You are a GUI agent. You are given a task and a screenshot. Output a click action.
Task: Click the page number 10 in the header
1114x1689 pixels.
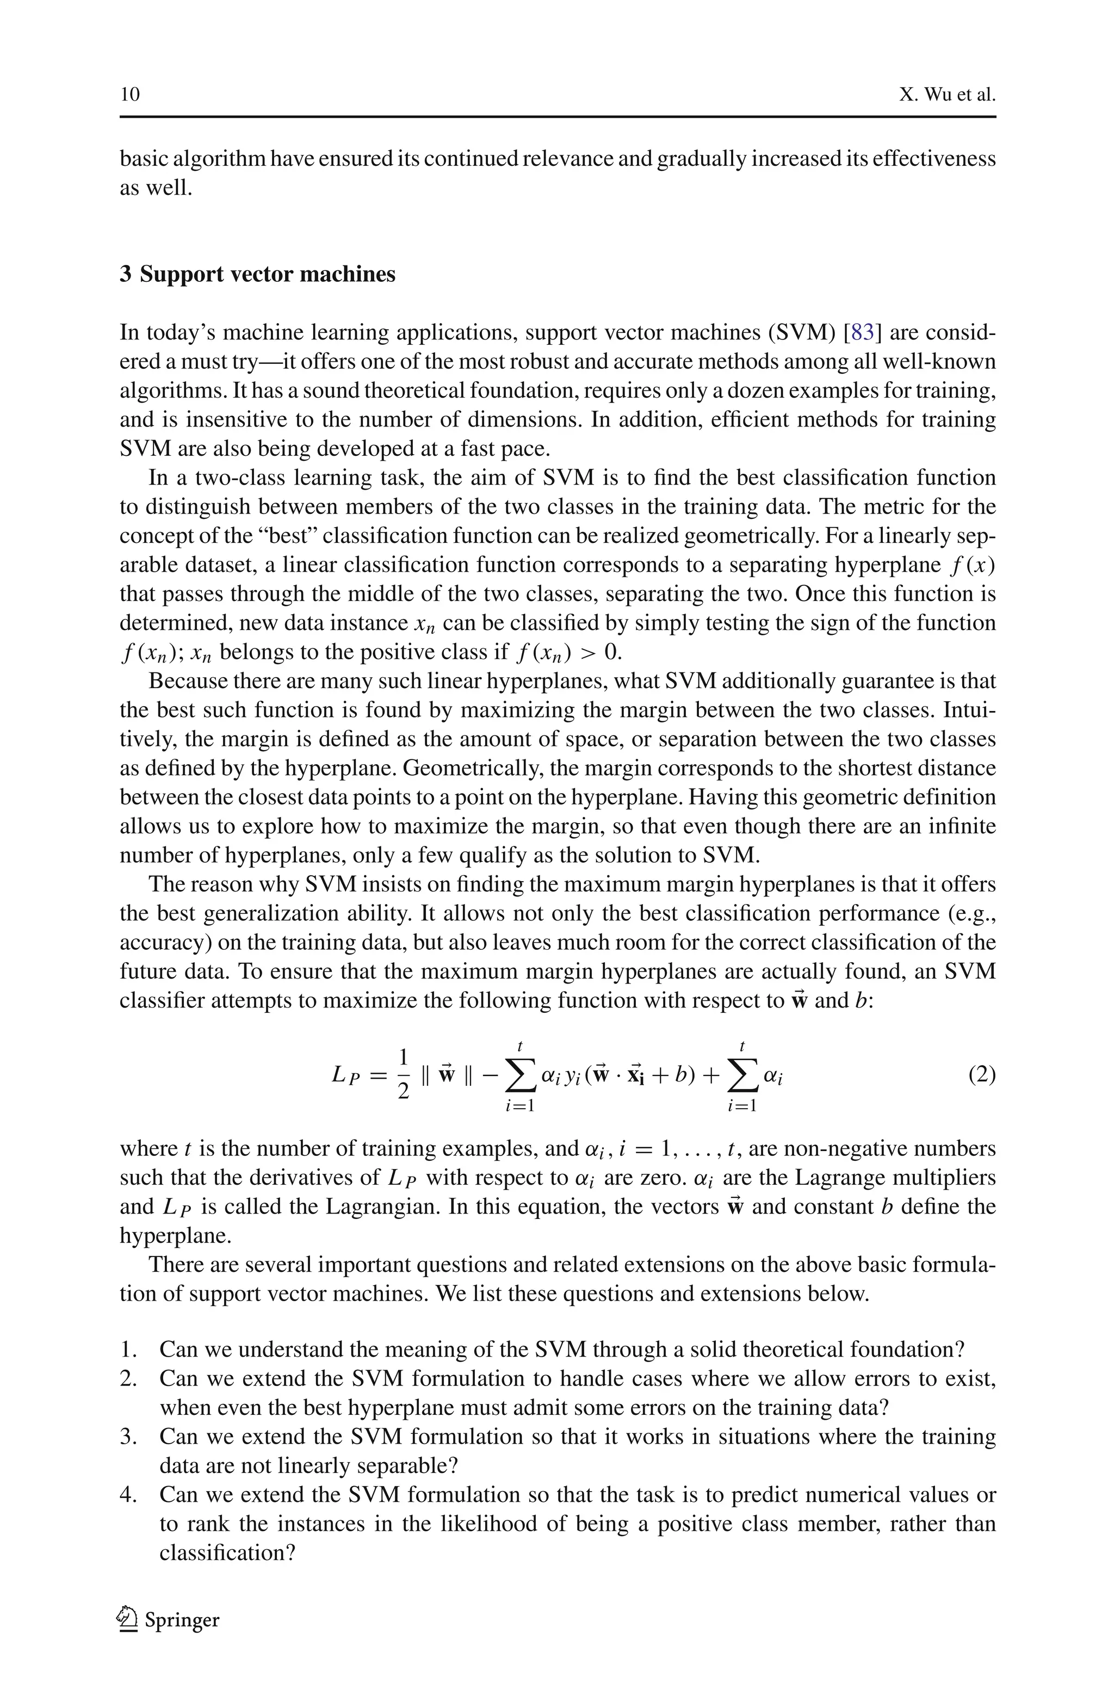coord(130,95)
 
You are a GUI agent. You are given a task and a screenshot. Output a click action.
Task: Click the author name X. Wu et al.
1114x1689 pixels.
coord(946,95)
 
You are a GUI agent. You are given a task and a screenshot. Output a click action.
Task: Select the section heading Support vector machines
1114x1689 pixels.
coord(267,274)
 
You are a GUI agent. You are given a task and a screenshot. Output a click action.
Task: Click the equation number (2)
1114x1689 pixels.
coord(982,1075)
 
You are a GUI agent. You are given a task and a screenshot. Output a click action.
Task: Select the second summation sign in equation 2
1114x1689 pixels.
coord(742,1075)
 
